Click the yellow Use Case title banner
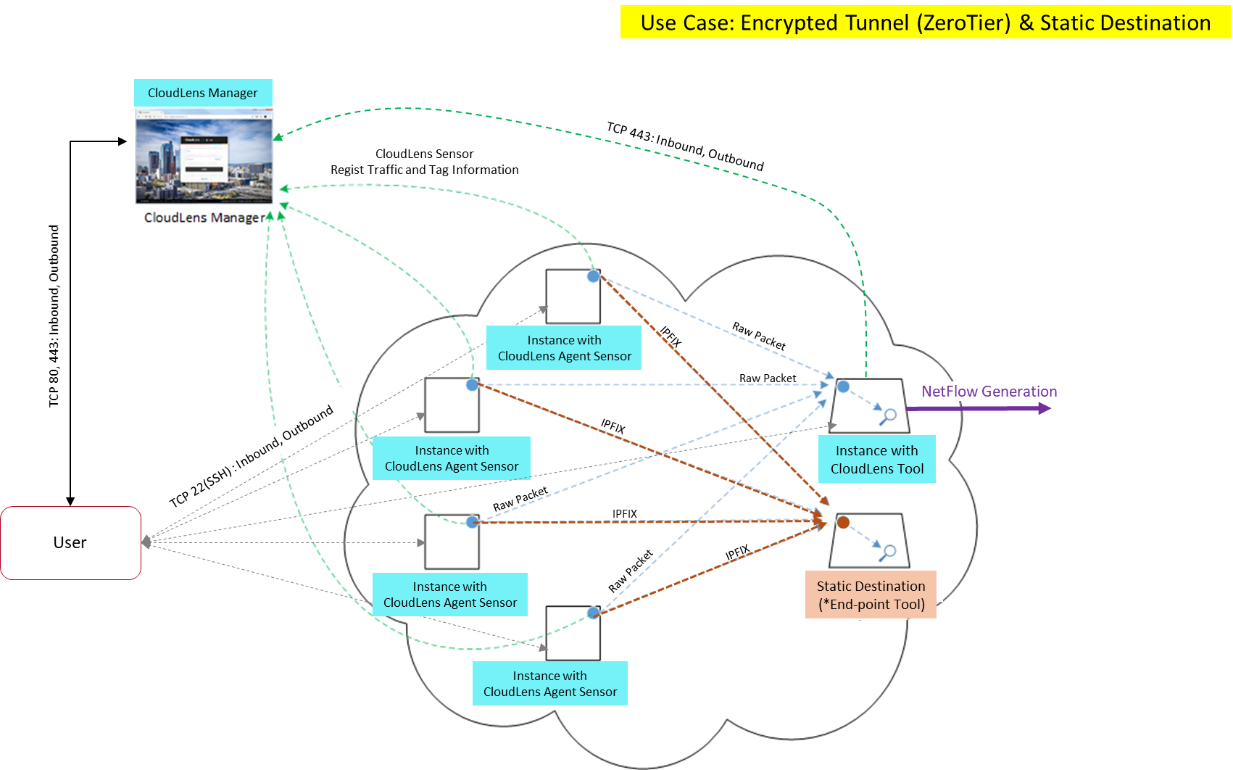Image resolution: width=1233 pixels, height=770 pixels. coord(925,22)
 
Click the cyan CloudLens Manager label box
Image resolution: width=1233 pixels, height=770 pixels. coord(203,93)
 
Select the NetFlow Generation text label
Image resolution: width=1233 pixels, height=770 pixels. coord(989,392)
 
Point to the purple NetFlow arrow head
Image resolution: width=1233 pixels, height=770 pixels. coord(1045,409)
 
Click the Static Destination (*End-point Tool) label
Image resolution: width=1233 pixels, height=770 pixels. coord(871,595)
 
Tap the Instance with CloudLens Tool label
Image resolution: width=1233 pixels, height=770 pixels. coord(876,459)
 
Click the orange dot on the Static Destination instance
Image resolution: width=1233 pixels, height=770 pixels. coord(843,522)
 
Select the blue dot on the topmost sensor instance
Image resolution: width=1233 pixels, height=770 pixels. coord(593,276)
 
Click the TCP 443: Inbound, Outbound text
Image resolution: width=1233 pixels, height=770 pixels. coord(685,146)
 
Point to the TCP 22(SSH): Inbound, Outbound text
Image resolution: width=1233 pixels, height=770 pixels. coord(252,455)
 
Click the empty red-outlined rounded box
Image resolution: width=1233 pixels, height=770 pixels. coord(70,542)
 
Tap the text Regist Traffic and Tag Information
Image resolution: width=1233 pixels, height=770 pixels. coord(425,170)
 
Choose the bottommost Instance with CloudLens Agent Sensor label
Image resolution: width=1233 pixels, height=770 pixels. coord(550,683)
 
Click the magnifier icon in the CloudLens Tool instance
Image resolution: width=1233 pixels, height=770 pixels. coord(889,415)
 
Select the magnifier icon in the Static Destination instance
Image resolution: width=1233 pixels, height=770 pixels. coord(888,552)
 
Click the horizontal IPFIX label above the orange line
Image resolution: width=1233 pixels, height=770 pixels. coord(624,513)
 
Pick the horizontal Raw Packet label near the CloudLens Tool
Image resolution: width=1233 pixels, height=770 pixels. coord(767,378)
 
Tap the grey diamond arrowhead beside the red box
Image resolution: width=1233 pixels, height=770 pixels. coord(146,542)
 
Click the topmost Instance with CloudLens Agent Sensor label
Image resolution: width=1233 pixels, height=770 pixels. coord(564,348)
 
